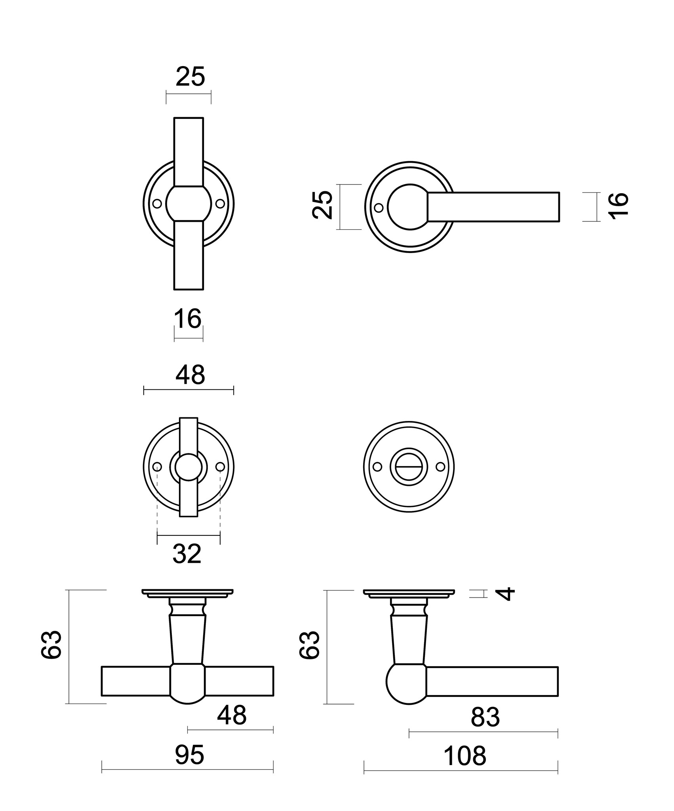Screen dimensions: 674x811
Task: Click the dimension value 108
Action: (x=465, y=756)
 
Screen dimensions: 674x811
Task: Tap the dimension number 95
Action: (x=190, y=755)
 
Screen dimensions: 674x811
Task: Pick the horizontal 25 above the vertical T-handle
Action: (x=190, y=76)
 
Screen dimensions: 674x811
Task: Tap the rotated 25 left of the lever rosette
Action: (x=322, y=205)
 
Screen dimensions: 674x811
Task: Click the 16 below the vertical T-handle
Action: (x=188, y=319)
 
